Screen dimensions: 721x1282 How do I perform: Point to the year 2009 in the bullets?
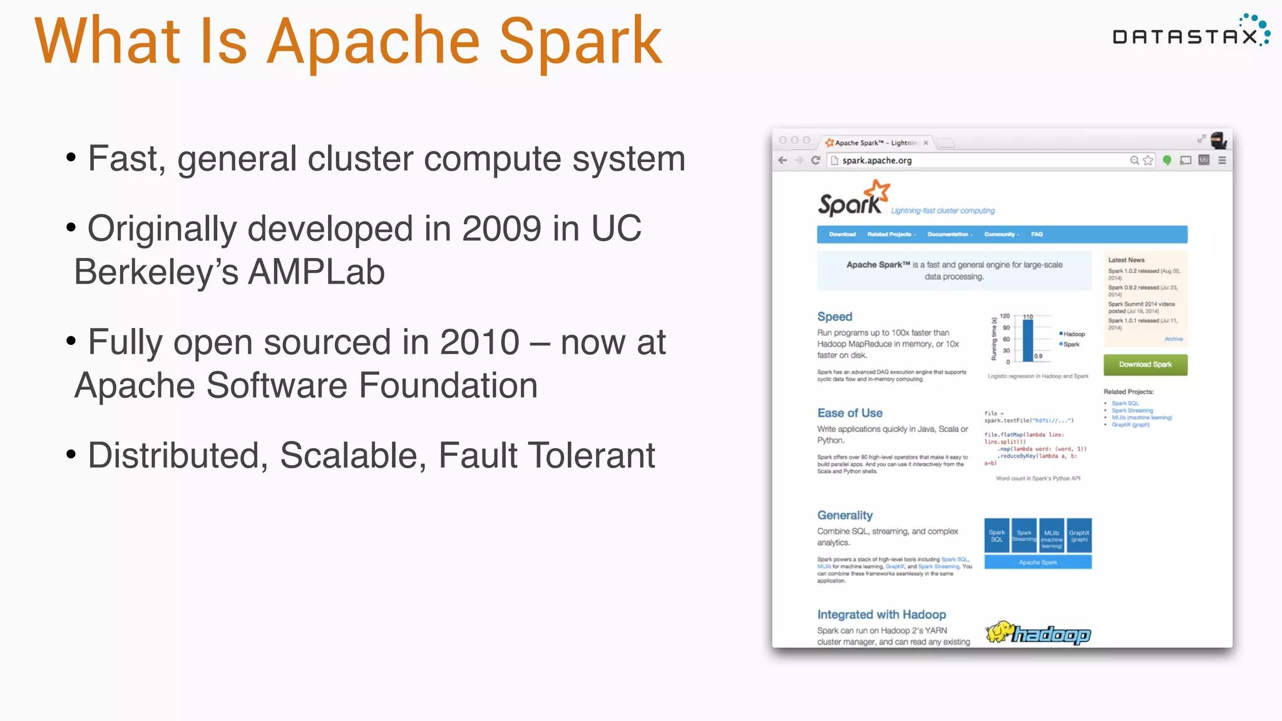pos(501,228)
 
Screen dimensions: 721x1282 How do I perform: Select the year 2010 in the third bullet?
pos(479,342)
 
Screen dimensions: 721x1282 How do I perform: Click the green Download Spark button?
pos(1145,364)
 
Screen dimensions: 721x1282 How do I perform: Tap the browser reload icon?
pos(816,160)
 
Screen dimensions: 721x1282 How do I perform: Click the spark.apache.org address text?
pos(876,161)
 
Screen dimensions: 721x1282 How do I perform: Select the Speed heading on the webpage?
pos(834,317)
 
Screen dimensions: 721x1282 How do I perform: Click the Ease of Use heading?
pos(849,413)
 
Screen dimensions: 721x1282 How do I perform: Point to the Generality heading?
pos(844,515)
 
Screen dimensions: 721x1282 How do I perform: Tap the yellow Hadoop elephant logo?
pos(1000,632)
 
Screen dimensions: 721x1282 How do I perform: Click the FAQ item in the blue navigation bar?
pos(1037,234)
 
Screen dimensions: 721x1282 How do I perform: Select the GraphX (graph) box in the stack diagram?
pos(1079,536)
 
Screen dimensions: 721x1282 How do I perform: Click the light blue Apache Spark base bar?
pos(1037,562)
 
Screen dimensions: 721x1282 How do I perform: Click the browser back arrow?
pos(782,160)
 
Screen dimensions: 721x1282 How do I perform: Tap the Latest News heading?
pos(1126,260)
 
